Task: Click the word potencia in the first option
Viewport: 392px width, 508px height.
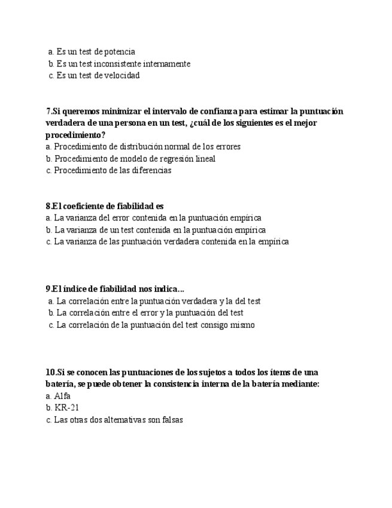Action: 120,52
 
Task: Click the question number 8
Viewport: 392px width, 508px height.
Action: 48,206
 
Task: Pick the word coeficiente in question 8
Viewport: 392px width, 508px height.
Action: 87,206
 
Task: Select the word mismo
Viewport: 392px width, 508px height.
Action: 241,325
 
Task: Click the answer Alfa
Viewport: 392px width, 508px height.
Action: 62,396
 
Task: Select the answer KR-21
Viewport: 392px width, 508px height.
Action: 66,408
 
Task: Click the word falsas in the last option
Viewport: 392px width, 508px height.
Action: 170,420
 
